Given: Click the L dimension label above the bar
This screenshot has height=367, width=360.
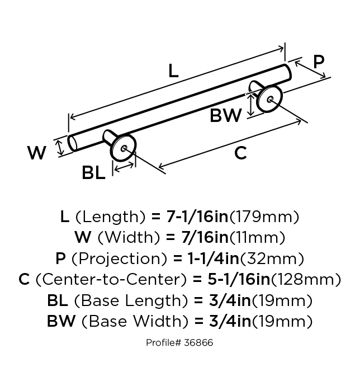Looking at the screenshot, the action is point(173,70).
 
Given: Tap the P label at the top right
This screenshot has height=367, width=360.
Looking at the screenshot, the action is point(319,62).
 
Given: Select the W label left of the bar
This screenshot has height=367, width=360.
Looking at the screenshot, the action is point(37,153).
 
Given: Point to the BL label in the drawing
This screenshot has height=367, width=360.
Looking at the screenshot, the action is point(93,172).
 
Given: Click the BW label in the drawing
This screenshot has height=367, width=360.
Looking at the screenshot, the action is point(225,115).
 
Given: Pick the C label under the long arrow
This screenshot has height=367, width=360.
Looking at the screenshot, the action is point(240,153).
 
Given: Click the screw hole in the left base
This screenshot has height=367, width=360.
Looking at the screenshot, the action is point(124,148).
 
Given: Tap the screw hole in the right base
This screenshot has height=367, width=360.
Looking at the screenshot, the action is point(270,99).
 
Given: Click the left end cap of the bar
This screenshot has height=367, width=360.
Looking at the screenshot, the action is point(72,143).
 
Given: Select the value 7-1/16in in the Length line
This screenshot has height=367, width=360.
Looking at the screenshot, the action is point(197,217).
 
